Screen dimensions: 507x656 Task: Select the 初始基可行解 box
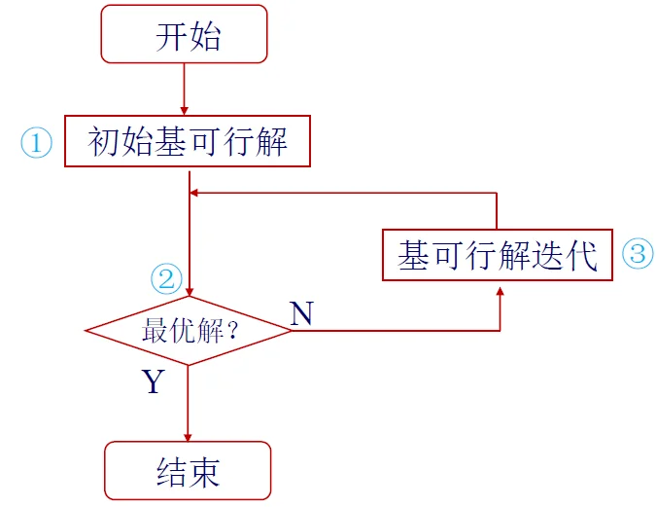coord(188,142)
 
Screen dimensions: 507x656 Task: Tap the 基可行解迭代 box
coord(498,255)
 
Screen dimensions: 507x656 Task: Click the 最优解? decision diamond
coord(189,331)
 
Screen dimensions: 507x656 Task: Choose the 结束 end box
coord(188,471)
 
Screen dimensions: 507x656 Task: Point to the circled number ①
coord(36,144)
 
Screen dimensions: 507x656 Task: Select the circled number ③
coord(638,255)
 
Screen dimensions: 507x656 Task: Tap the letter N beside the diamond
coord(302,313)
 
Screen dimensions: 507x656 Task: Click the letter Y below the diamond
coord(154,381)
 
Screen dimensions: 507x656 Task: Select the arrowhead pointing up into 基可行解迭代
coord(500,289)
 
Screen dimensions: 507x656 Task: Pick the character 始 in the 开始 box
coord(205,36)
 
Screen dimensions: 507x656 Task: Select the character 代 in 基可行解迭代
coord(581,255)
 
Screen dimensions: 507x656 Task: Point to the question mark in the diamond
coord(233,332)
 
